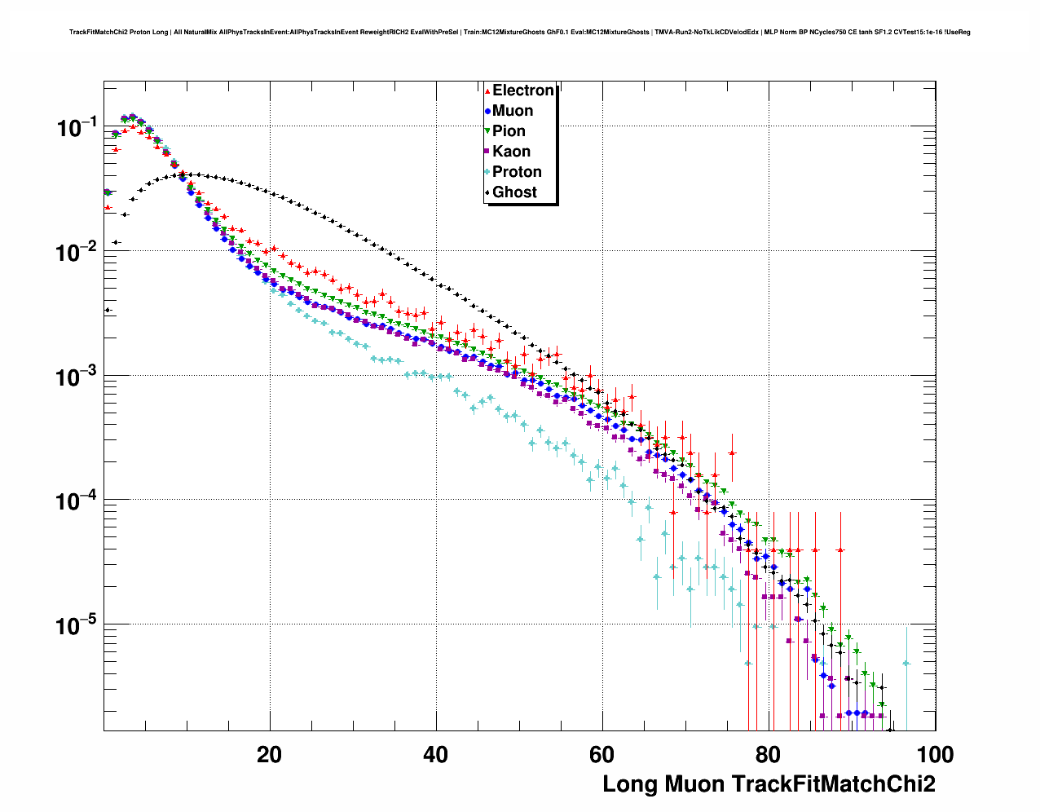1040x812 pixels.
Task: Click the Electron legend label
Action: tap(523, 90)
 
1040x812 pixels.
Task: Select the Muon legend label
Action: tap(513, 111)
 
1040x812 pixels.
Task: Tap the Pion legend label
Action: tap(509, 131)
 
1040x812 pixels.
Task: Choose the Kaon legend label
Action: tap(511, 152)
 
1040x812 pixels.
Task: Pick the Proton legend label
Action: tap(517, 172)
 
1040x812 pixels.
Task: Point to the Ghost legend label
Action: tap(514, 192)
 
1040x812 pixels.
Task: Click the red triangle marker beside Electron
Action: tap(487, 90)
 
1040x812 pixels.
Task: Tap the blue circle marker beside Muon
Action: tap(487, 111)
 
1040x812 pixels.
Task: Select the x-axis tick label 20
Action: tap(269, 755)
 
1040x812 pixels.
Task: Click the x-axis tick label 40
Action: tap(436, 755)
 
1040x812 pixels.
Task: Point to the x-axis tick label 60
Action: tap(602, 755)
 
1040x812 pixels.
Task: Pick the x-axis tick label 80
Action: tap(769, 755)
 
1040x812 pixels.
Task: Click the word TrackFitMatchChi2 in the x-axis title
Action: tap(834, 784)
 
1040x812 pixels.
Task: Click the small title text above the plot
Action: tap(519, 33)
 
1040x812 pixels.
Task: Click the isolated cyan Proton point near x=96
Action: tap(906, 664)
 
